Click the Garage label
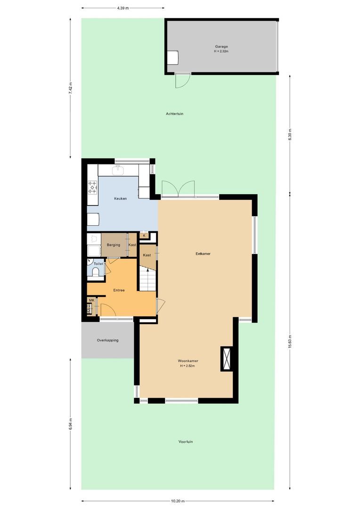(x=221, y=47)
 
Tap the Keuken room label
(x=121, y=198)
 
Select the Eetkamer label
(x=203, y=254)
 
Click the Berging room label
(x=113, y=245)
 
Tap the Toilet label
(x=98, y=264)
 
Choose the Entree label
(x=118, y=290)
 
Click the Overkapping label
(x=107, y=340)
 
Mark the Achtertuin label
(x=174, y=114)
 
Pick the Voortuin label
(x=186, y=442)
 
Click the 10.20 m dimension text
(x=178, y=501)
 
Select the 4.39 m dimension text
(x=123, y=8)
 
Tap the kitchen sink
(x=118, y=171)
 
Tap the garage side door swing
(x=181, y=81)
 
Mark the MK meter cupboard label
(x=91, y=300)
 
